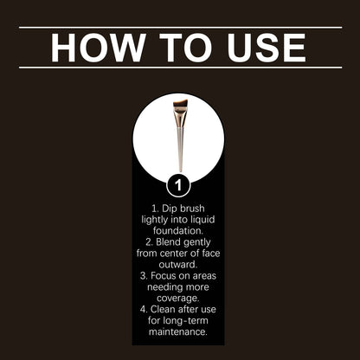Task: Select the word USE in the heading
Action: pyautogui.click(x=264, y=48)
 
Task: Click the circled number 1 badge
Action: pyautogui.click(x=178, y=184)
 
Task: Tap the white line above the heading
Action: pyautogui.click(x=180, y=28)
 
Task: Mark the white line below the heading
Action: pyautogui.click(x=180, y=67)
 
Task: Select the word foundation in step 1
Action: pyautogui.click(x=178, y=231)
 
